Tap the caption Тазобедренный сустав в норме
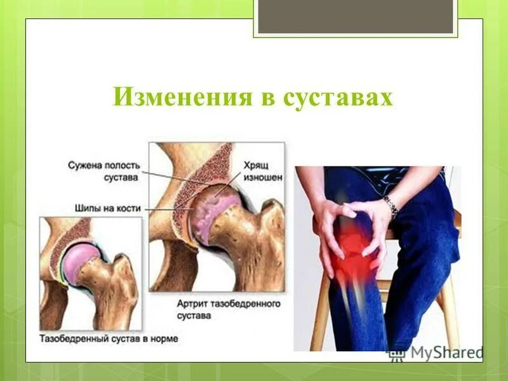pyautogui.click(x=109, y=338)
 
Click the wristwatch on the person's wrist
pyautogui.click(x=390, y=206)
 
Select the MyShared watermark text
pyautogui.click(x=444, y=352)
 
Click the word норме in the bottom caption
pyautogui.click(x=164, y=338)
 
